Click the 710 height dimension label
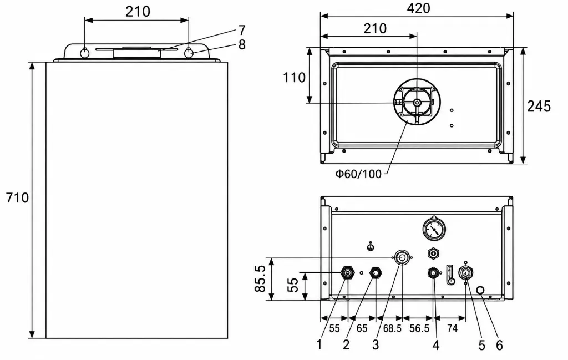(17, 197)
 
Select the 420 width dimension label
(418, 8)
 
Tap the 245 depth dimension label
(539, 106)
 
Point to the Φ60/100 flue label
(358, 174)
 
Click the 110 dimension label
(294, 77)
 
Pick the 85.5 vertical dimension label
(260, 278)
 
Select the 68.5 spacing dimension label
(392, 328)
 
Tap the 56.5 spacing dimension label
(419, 328)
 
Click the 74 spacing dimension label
(452, 328)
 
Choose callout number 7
(242, 30)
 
